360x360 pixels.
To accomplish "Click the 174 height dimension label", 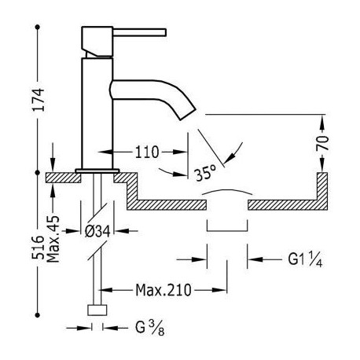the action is pyautogui.click(x=39, y=99).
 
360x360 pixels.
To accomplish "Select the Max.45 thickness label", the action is pyautogui.click(x=53, y=239).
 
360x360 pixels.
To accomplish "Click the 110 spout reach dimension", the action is pyautogui.click(x=147, y=152).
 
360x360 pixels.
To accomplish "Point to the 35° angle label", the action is pyautogui.click(x=206, y=173).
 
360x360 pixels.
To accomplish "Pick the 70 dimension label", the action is pyautogui.click(x=322, y=143).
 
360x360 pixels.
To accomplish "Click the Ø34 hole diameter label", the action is pyautogui.click(x=97, y=231).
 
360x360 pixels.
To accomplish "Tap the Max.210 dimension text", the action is pyautogui.click(x=163, y=290).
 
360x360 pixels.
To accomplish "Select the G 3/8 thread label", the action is pyautogui.click(x=150, y=328).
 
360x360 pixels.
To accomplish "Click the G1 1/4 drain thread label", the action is pyautogui.click(x=305, y=259).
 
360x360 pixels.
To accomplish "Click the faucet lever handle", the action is pyautogui.click(x=140, y=32).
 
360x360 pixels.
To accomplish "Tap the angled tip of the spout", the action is pyautogui.click(x=188, y=113).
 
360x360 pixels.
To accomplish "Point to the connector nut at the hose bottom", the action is pyautogui.click(x=97, y=310).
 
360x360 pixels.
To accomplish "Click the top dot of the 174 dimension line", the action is pyautogui.click(x=38, y=27).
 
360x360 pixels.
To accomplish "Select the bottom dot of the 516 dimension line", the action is pyautogui.click(x=38, y=315).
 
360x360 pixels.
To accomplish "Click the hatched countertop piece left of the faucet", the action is pyautogui.click(x=64, y=178).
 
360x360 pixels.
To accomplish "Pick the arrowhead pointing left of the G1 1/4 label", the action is pyautogui.click(x=255, y=259).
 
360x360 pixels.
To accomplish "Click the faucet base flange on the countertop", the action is pyautogui.click(x=97, y=171).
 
